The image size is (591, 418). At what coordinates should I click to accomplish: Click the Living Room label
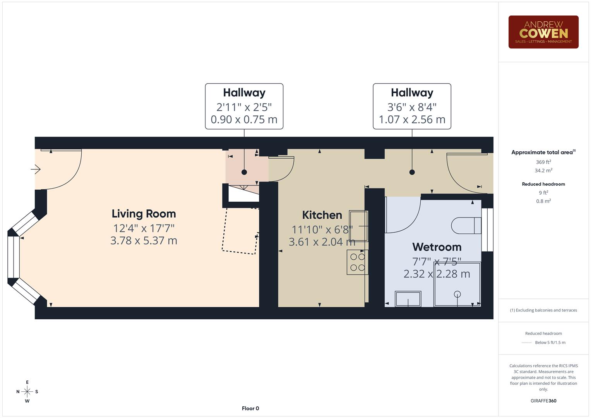[x=144, y=214]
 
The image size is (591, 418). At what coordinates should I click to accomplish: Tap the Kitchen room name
[x=322, y=215]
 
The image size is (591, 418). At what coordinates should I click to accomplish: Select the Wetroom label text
[x=437, y=247]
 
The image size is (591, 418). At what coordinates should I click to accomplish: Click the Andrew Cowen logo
[x=543, y=32]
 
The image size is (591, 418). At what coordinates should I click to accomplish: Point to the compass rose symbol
[x=27, y=392]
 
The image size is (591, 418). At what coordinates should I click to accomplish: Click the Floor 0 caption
[x=250, y=408]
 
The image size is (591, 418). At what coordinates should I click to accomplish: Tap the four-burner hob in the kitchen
[x=357, y=262]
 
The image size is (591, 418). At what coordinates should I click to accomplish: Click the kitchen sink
[x=358, y=226]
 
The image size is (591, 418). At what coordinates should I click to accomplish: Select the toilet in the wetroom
[x=466, y=225]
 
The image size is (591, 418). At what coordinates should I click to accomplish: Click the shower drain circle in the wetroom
[x=457, y=294]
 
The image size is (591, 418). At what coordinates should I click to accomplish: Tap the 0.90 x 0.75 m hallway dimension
[x=244, y=120]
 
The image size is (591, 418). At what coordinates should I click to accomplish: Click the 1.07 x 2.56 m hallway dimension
[x=412, y=120]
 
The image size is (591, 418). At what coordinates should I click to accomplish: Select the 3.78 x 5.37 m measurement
[x=144, y=241]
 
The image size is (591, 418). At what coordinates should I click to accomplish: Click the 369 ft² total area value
[x=543, y=162]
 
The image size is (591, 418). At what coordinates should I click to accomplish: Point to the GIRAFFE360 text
[x=543, y=401]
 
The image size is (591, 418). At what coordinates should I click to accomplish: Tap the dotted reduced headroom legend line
[x=527, y=343]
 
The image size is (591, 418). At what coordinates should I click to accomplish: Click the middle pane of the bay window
[x=13, y=257]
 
